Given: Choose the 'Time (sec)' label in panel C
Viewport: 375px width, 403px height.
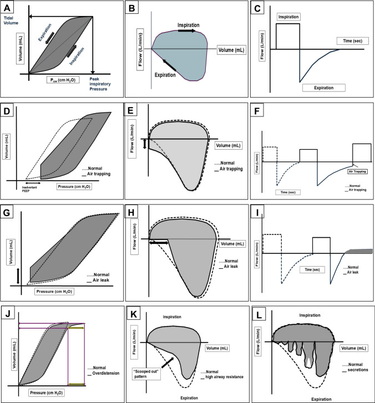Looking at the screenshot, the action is [x=349, y=41].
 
